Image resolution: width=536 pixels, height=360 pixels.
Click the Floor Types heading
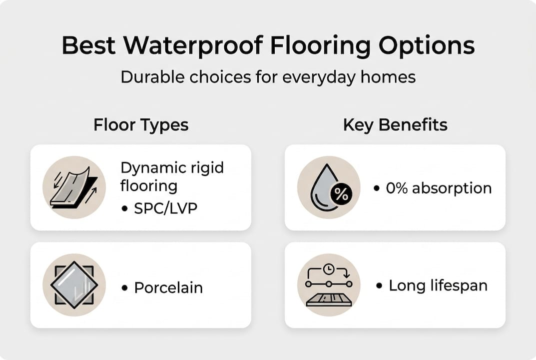click(x=141, y=124)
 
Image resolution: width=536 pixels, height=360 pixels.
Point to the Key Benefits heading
click(x=395, y=124)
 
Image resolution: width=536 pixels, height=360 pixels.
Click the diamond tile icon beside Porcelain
click(x=74, y=284)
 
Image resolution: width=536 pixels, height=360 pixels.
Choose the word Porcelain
click(x=168, y=287)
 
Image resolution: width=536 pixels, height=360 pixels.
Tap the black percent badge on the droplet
click(x=342, y=194)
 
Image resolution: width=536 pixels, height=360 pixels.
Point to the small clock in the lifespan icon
click(x=328, y=269)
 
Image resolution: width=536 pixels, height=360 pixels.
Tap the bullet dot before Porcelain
click(x=124, y=288)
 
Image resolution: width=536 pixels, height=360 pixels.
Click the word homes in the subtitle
click(x=392, y=77)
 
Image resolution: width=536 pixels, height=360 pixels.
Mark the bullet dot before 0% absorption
click(x=377, y=189)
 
